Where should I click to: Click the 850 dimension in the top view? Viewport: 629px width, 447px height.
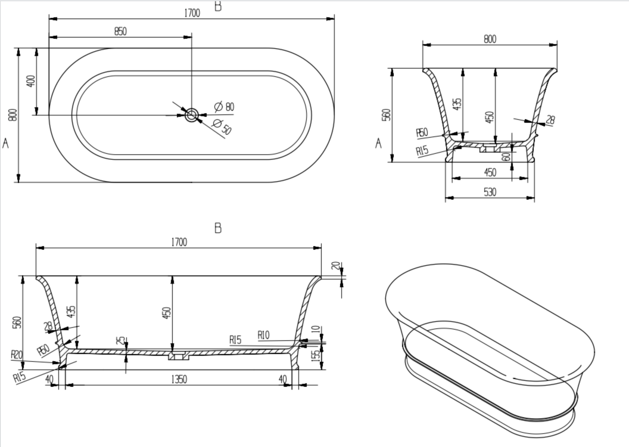click(x=120, y=32)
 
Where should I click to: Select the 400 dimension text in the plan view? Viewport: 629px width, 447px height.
click(x=32, y=80)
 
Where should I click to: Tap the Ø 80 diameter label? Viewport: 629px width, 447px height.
click(x=224, y=107)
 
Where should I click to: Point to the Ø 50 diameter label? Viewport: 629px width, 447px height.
click(x=222, y=126)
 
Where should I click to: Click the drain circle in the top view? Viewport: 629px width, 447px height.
click(x=192, y=115)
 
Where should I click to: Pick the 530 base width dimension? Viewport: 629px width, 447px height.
click(x=490, y=192)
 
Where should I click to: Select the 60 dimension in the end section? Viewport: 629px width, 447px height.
click(x=506, y=156)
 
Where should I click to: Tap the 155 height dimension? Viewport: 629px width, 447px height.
click(x=316, y=358)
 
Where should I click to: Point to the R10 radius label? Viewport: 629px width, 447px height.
click(x=263, y=336)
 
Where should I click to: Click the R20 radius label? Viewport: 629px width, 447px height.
click(x=17, y=355)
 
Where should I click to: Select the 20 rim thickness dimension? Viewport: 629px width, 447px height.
click(x=336, y=266)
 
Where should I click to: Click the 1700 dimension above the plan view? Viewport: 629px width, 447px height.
click(x=191, y=13)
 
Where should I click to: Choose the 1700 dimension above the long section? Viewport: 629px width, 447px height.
click(x=178, y=241)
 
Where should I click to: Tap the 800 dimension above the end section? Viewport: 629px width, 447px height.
click(x=490, y=39)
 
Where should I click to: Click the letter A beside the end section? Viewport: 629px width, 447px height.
click(x=378, y=143)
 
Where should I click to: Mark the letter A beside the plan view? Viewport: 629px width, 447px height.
click(x=6, y=143)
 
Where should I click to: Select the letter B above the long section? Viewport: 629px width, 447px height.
click(x=217, y=228)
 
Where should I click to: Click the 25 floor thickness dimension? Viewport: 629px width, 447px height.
click(x=121, y=340)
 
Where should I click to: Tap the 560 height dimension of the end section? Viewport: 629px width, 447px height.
click(x=386, y=114)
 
